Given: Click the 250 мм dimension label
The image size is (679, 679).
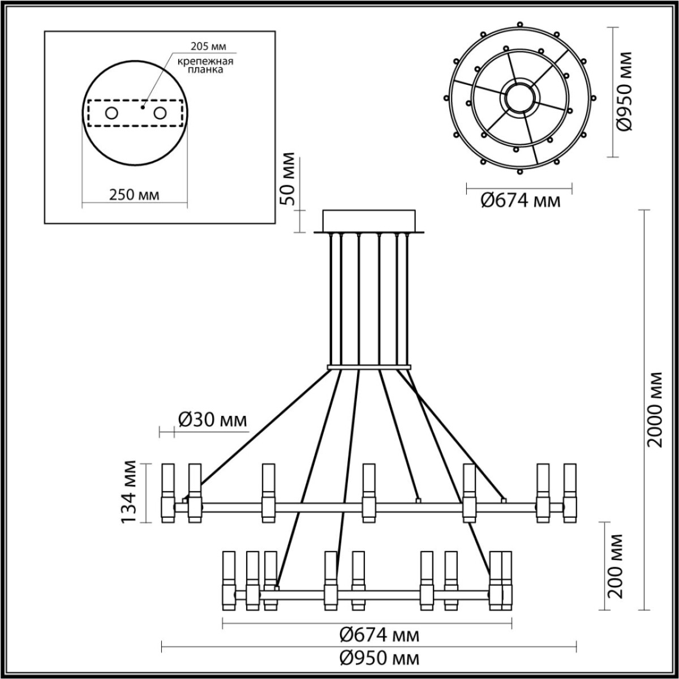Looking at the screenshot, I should click(134, 195).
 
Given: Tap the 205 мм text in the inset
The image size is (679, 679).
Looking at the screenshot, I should click(202, 48).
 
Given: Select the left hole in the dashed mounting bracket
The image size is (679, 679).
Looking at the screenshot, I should click(111, 113).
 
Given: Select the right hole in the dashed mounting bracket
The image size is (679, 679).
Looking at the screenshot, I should click(161, 113).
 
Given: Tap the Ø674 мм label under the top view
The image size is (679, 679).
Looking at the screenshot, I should click(520, 200).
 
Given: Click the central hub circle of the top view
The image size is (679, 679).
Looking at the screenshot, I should click(519, 98).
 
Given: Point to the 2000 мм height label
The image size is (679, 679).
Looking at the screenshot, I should click(656, 409).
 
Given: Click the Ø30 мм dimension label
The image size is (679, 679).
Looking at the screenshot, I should click(212, 420).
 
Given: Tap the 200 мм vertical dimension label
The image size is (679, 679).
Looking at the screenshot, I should click(616, 566).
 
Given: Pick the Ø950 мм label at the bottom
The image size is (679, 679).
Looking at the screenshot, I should click(379, 659).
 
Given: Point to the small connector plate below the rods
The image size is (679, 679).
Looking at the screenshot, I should click(369, 368).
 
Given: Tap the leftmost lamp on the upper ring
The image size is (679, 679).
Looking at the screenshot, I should click(168, 492).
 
